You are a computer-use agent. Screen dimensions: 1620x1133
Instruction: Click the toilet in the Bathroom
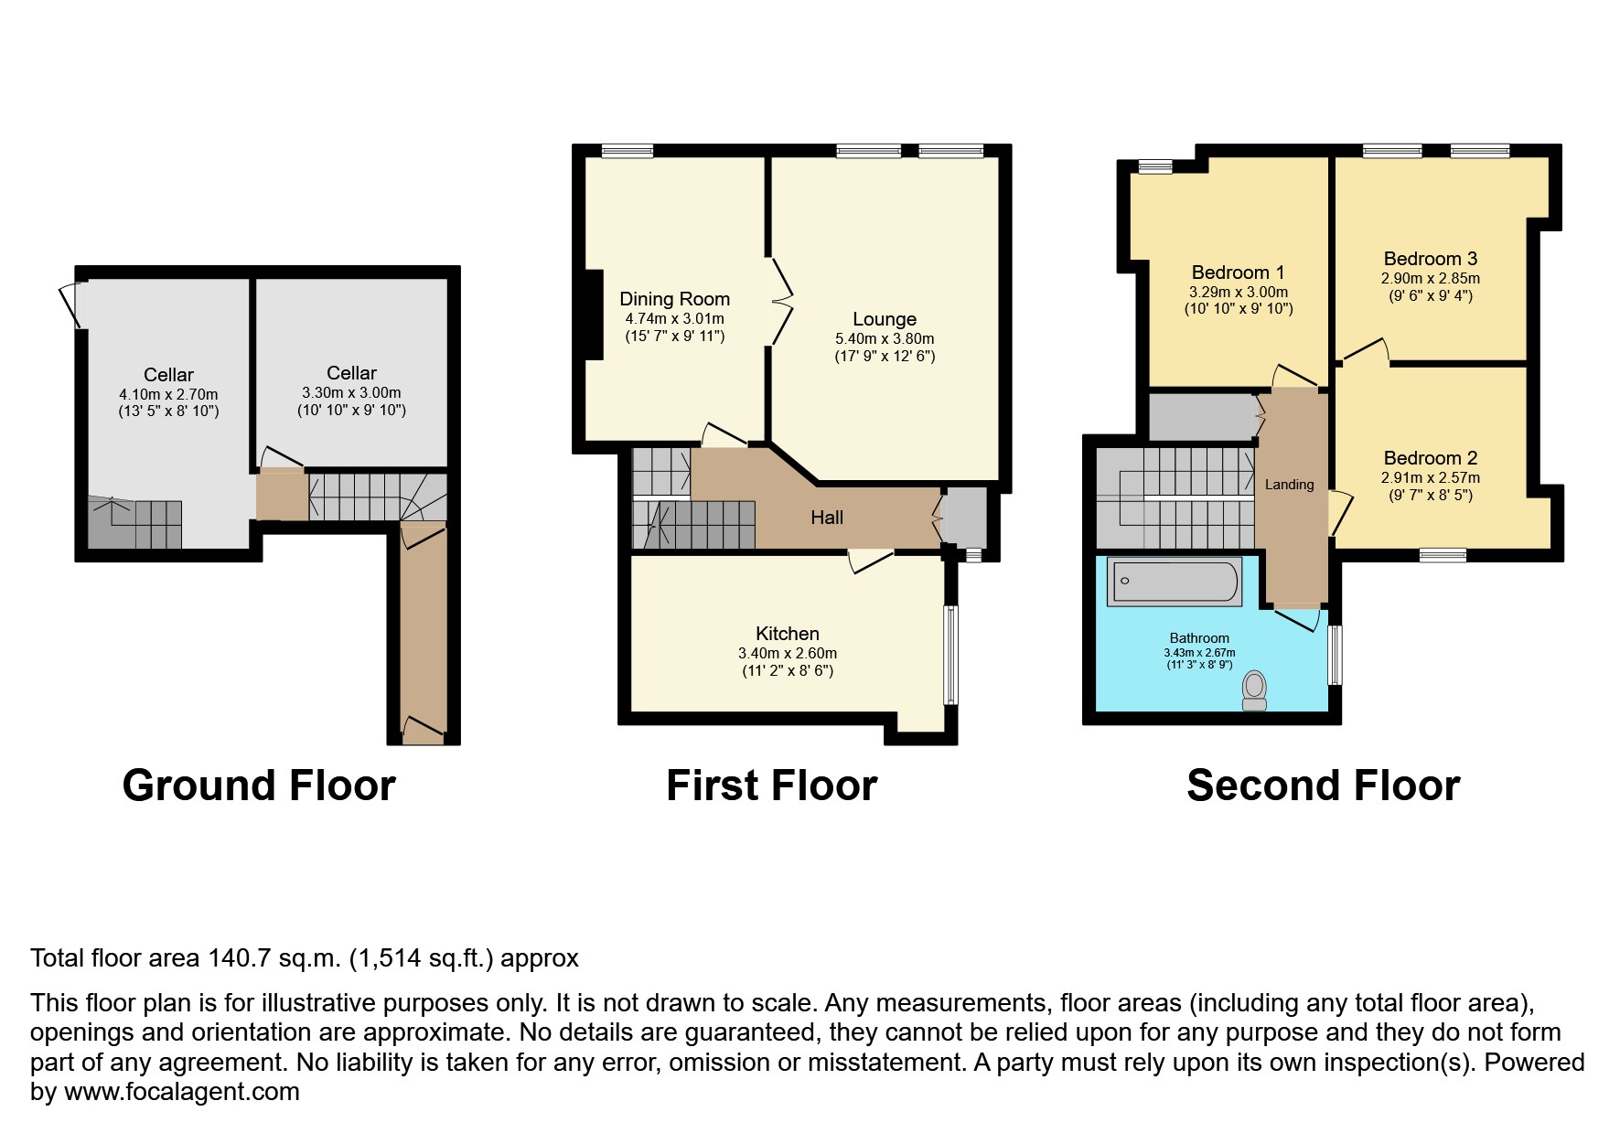point(1254,691)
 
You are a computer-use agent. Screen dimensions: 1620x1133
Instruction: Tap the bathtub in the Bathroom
point(1175,581)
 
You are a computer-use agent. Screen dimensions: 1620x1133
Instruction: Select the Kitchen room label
point(788,634)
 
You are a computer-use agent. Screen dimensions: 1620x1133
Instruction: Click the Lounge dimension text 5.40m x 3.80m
point(885,338)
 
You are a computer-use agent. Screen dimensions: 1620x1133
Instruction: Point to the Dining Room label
point(675,299)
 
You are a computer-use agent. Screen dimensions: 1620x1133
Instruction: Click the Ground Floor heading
point(259,786)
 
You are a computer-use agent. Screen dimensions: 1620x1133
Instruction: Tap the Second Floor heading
point(1323,786)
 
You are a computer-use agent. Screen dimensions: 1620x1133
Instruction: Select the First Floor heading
point(772,786)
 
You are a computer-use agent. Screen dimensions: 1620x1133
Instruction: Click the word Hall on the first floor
point(827,518)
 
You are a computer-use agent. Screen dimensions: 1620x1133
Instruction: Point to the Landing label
point(1290,485)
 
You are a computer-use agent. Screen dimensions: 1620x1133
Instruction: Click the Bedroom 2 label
point(1431,459)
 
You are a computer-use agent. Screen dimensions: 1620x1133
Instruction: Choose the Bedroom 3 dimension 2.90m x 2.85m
point(1431,279)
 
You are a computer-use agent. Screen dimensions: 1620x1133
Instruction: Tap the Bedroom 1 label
point(1239,273)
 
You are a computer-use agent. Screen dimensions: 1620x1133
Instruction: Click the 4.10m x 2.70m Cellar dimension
point(168,394)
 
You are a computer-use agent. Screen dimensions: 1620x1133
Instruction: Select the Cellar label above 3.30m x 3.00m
point(352,373)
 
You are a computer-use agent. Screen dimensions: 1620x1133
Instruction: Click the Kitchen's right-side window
point(951,655)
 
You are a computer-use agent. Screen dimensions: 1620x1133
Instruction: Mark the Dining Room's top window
point(628,151)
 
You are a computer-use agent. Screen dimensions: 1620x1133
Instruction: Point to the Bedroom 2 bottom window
point(1443,555)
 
